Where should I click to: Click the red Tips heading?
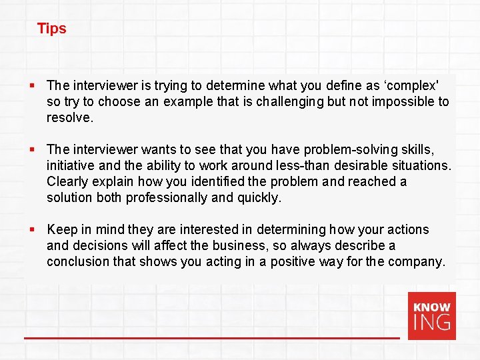click(51, 29)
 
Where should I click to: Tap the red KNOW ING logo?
click(432, 316)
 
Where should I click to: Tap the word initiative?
click(70, 165)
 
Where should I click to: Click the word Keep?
click(62, 229)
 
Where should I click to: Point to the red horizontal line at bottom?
click(212, 338)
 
